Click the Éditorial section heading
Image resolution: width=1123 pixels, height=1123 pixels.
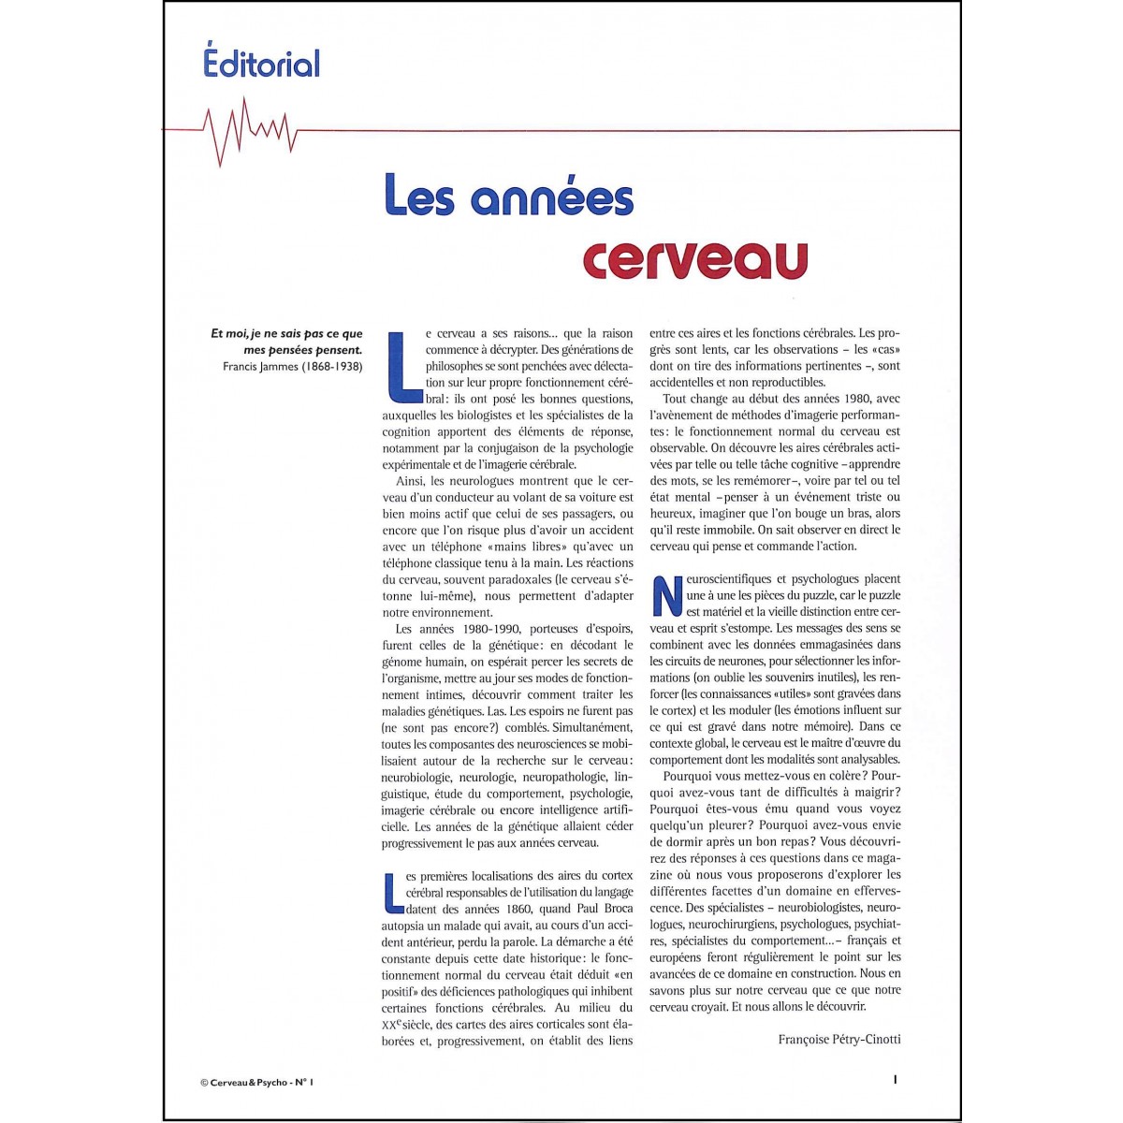coord(261,63)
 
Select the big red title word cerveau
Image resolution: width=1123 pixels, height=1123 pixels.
coord(694,259)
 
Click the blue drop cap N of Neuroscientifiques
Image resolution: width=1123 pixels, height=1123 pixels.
coord(666,595)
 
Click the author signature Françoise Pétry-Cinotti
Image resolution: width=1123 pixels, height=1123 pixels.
coord(839,1039)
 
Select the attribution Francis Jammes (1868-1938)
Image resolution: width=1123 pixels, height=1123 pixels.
coord(292,366)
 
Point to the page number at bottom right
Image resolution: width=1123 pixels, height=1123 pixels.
coord(896,1079)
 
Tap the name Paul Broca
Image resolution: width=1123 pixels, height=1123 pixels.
coord(604,909)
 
